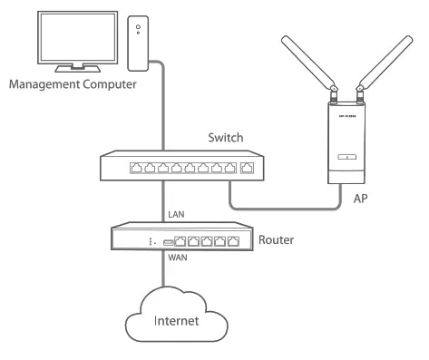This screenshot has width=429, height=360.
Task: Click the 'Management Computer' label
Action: tap(72, 87)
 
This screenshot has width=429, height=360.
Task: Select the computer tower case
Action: tap(137, 44)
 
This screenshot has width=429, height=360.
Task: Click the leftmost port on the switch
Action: tap(136, 168)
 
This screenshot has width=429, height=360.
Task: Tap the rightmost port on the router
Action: tap(235, 240)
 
